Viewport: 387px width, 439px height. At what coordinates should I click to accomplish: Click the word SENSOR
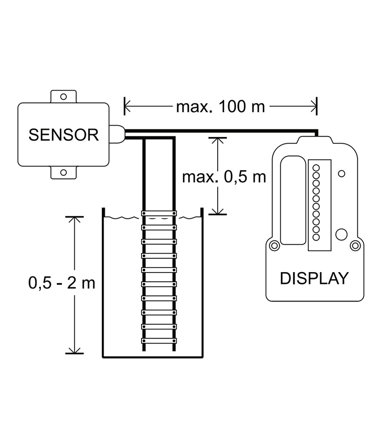[x=64, y=135]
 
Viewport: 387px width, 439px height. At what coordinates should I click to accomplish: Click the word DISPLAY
[x=313, y=278]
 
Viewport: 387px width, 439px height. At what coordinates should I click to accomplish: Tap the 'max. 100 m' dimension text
[x=220, y=106]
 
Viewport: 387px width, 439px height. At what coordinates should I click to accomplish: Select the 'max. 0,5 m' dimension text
[x=224, y=177]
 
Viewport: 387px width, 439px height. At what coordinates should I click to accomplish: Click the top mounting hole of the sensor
[x=64, y=96]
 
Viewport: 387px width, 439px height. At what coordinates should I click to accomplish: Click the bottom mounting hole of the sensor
[x=64, y=173]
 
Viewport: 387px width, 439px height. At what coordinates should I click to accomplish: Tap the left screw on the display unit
[x=273, y=246]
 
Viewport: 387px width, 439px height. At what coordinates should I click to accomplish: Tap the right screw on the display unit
[x=355, y=246]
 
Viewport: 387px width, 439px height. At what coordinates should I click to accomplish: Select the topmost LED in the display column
[x=316, y=167]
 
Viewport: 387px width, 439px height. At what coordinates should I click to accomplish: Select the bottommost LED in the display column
[x=316, y=237]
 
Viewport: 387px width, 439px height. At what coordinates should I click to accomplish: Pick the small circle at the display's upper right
[x=342, y=174]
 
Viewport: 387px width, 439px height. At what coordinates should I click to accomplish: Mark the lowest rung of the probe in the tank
[x=159, y=341]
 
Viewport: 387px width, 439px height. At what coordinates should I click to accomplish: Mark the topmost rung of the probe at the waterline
[x=159, y=214]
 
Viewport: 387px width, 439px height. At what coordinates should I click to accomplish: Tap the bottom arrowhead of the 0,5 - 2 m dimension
[x=75, y=350]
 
